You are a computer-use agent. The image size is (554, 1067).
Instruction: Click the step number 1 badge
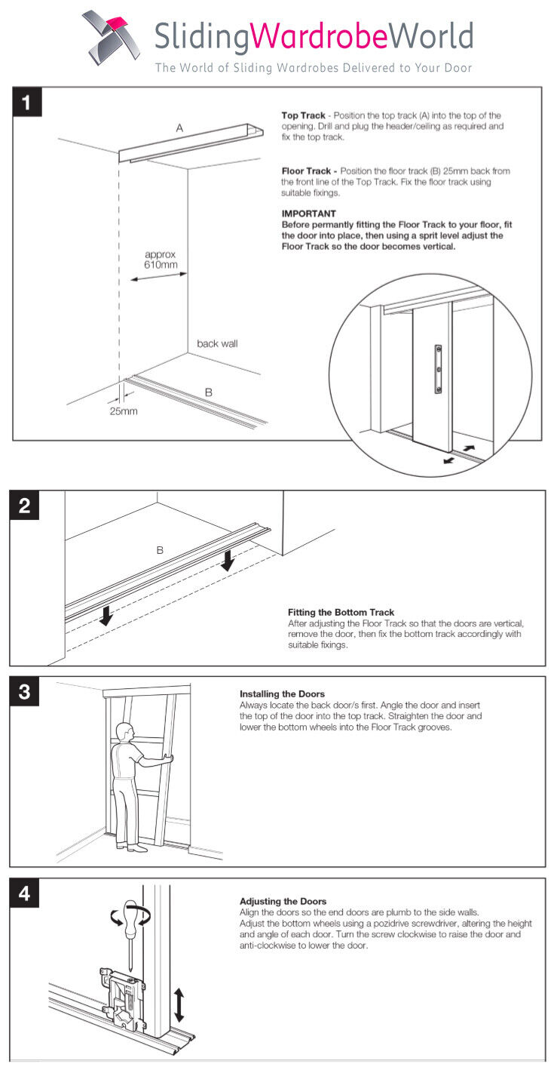26,102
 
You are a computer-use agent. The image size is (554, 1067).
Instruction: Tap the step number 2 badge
24,506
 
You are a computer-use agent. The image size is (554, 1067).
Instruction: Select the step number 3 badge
24,692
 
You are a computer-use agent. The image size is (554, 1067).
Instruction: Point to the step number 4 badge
24,893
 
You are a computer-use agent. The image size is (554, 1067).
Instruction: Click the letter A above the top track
179,128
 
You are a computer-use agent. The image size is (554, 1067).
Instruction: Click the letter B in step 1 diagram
209,392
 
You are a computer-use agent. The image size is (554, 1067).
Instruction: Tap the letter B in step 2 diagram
160,551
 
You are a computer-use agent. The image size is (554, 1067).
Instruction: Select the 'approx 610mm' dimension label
160,260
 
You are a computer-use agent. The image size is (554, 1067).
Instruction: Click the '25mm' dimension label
124,411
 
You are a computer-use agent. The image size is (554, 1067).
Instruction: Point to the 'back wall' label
217,343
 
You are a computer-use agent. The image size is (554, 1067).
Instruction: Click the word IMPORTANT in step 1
308,214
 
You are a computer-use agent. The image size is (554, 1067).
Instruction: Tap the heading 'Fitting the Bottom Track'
341,612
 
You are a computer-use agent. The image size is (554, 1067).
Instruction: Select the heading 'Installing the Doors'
282,693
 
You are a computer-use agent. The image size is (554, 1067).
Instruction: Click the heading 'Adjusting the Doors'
283,901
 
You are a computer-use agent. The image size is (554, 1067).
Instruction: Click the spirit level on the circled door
438,369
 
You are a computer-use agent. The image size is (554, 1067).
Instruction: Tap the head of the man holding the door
124,731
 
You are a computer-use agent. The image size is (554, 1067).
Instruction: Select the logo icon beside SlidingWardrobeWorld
111,38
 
